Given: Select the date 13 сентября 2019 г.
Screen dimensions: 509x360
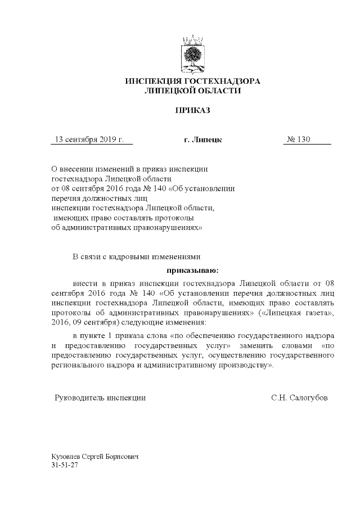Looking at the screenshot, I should [x=88, y=139].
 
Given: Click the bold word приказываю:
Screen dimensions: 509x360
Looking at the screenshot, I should [x=192, y=270].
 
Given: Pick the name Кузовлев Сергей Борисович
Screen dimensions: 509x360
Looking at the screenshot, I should [x=94, y=458].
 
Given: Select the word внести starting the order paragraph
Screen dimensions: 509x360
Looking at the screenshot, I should [x=85, y=281].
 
